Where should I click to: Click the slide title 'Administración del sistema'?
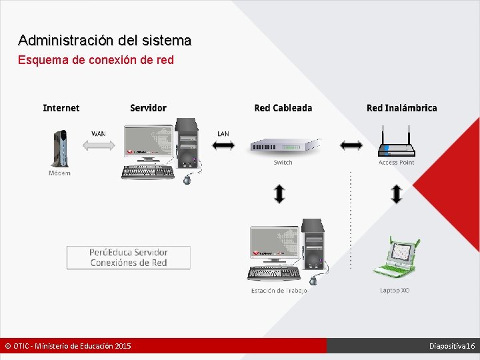click(x=105, y=41)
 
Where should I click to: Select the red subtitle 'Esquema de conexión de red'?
click(x=95, y=60)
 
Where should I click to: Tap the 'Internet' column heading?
click(x=61, y=108)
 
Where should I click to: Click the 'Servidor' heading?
click(x=148, y=108)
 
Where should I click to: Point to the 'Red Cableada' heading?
click(x=283, y=108)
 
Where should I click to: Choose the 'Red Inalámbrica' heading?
click(x=401, y=108)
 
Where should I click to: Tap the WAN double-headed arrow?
click(x=98, y=146)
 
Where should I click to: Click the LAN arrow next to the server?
click(x=223, y=145)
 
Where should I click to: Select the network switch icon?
click(x=283, y=147)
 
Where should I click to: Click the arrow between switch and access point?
click(x=351, y=145)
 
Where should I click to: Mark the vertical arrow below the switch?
click(x=280, y=194)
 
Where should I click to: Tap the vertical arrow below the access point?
click(x=397, y=194)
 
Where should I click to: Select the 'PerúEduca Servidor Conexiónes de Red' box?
click(x=128, y=257)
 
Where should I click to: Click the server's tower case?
click(x=187, y=143)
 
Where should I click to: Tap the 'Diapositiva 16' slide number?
click(x=451, y=346)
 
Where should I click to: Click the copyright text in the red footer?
click(x=68, y=346)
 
